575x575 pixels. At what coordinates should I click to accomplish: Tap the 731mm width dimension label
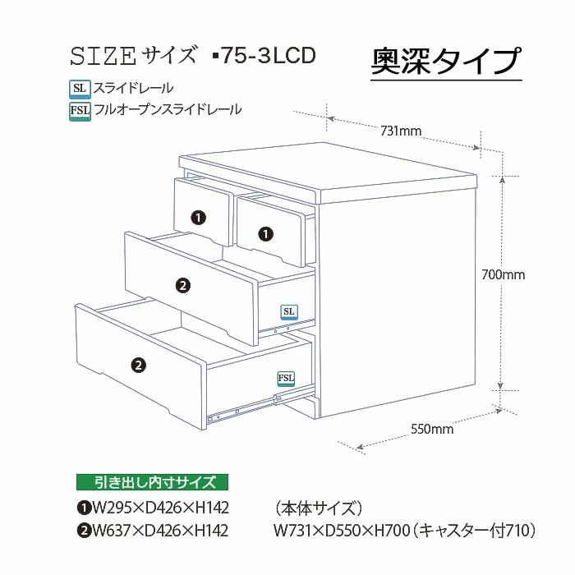point(401,131)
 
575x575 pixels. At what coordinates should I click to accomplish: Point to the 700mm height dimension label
point(503,274)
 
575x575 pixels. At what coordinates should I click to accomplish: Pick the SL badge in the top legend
point(80,87)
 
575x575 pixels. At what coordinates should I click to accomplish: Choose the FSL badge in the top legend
point(80,109)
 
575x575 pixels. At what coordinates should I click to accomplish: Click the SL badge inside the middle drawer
point(288,311)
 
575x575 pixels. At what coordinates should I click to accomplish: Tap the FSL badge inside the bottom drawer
point(286,378)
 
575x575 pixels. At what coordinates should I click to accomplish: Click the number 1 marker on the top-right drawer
point(265,233)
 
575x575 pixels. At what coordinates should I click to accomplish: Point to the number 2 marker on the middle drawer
point(183,285)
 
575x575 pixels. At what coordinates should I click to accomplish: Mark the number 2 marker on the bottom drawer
point(139,364)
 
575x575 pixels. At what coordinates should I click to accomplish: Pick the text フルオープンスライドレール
point(168,109)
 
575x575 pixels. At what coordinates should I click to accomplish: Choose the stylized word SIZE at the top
point(103,56)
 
